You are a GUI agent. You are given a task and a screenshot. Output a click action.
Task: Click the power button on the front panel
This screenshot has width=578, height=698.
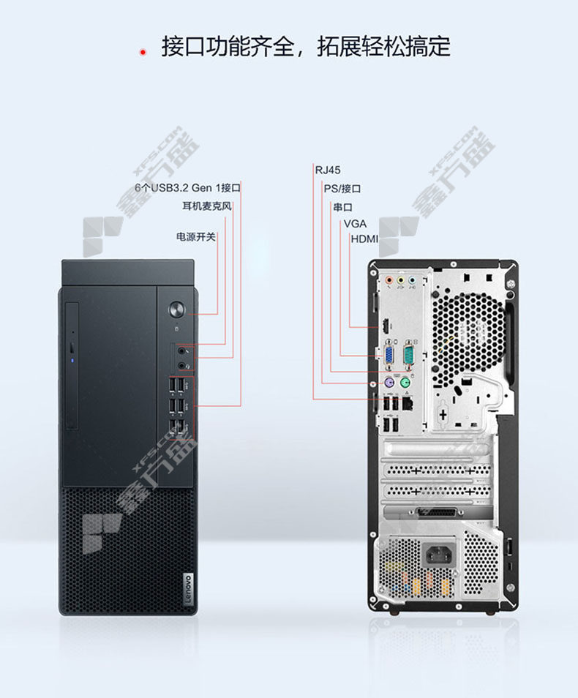(x=177, y=309)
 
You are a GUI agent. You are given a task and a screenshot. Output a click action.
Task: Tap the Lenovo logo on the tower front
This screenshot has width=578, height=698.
(x=188, y=588)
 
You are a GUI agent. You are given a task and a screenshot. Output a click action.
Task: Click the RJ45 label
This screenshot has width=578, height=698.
(x=328, y=170)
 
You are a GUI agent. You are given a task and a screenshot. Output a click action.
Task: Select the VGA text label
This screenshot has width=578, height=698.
(x=355, y=223)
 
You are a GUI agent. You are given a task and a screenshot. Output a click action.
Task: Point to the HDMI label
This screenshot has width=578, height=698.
(x=364, y=239)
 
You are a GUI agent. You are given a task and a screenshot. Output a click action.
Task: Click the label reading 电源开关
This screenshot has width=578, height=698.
(x=196, y=237)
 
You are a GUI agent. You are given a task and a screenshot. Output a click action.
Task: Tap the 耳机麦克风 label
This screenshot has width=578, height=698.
(x=207, y=206)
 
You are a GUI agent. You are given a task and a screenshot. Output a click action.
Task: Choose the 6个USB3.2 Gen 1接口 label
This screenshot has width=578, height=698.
(x=187, y=188)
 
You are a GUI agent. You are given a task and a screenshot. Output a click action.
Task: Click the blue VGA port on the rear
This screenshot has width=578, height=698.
(x=389, y=356)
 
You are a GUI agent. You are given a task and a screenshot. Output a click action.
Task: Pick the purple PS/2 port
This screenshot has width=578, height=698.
(x=389, y=383)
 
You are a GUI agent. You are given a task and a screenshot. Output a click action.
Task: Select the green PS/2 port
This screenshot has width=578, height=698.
(x=405, y=383)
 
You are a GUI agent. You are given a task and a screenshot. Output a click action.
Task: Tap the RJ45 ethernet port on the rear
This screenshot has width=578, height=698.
(x=407, y=404)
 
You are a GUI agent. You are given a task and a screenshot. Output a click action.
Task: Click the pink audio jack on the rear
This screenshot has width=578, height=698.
(x=389, y=280)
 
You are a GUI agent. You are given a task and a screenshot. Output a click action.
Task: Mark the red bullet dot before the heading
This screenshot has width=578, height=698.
(x=143, y=53)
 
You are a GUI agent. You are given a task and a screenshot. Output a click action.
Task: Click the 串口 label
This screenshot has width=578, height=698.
(x=343, y=208)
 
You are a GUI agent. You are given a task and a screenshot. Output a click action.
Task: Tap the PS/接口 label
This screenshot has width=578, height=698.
(x=342, y=189)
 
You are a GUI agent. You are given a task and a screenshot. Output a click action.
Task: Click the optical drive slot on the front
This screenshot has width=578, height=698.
(x=72, y=366)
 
